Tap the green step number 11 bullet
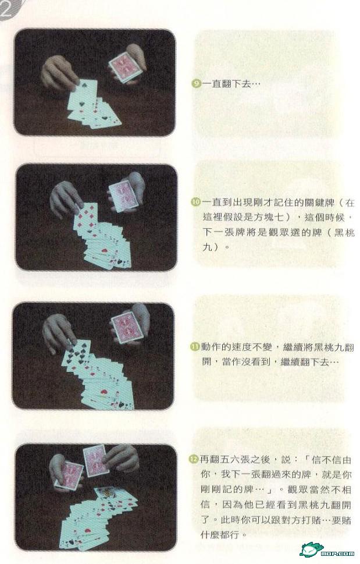point(194,347)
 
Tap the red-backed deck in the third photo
point(126,328)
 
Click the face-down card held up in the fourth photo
point(95,460)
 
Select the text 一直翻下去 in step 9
point(226,84)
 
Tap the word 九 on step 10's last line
point(207,247)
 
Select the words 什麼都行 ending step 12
point(219,534)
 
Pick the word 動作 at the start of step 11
point(211,347)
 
